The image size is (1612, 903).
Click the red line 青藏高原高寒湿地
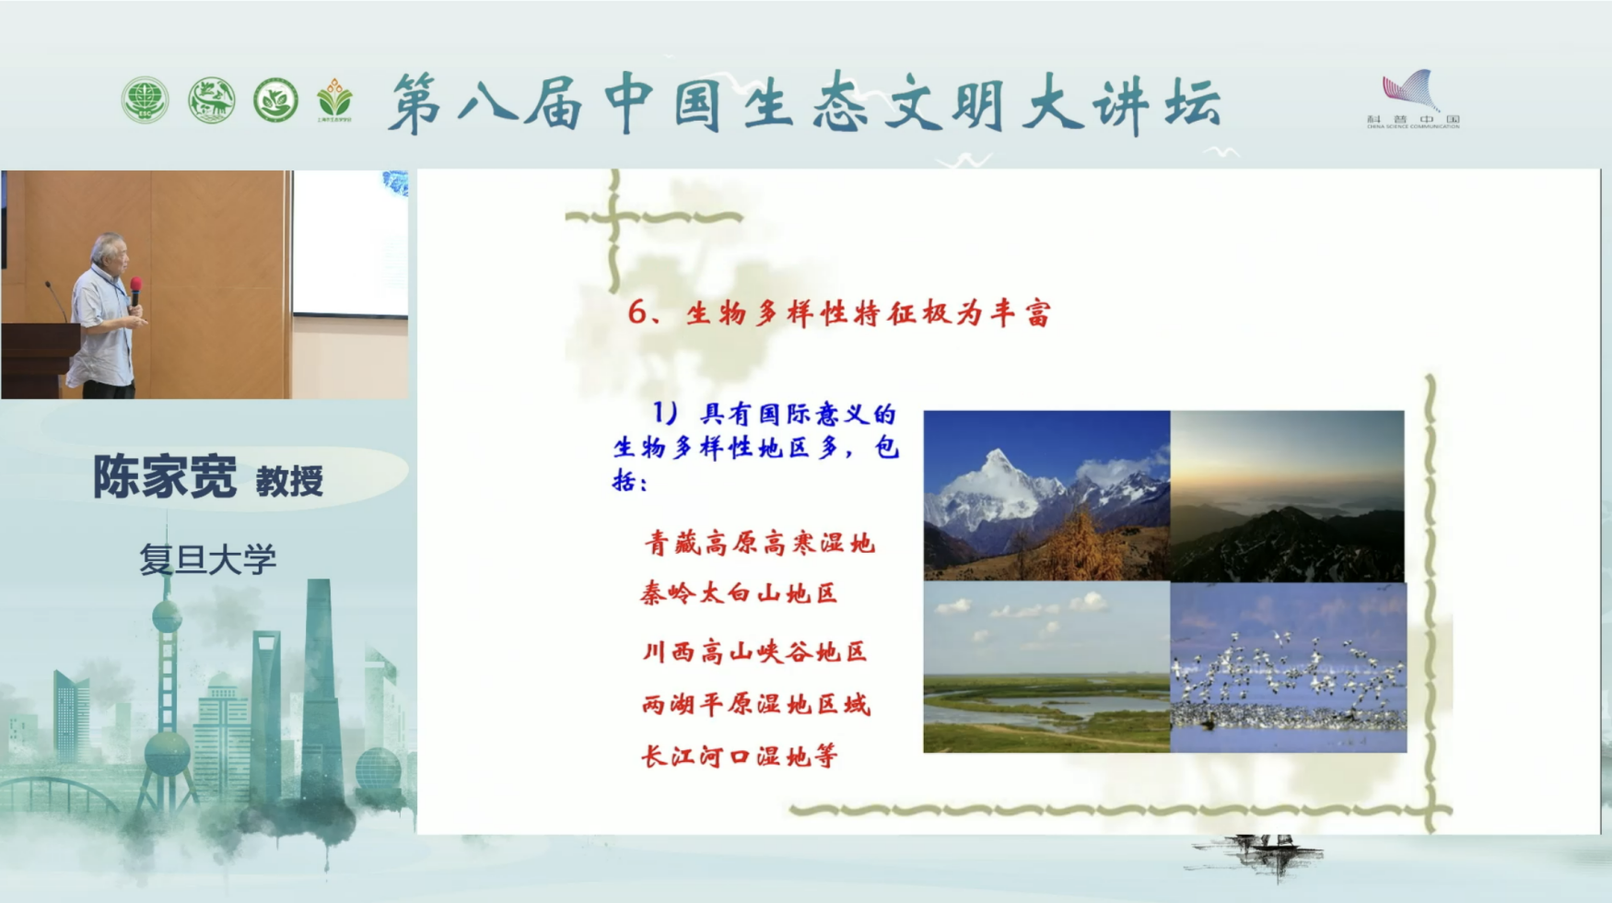(x=759, y=543)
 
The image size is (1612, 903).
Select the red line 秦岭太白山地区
(x=739, y=593)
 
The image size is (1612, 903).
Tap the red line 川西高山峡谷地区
(x=754, y=652)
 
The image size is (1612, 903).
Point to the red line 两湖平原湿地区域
(x=755, y=705)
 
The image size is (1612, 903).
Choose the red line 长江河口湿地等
(x=739, y=756)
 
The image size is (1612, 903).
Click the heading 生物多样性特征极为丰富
(x=868, y=313)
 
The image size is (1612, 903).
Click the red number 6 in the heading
(x=637, y=312)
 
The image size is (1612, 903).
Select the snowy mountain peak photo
(x=1046, y=495)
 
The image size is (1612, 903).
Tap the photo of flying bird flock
(x=1288, y=667)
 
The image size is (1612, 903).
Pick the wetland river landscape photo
(x=1046, y=667)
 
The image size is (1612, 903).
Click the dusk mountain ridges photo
(x=1288, y=495)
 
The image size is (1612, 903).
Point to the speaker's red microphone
(x=135, y=287)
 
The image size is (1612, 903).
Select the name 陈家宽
(x=165, y=477)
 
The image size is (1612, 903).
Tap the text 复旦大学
(x=207, y=559)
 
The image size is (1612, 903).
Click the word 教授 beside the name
(x=289, y=481)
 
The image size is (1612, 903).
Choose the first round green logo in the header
(x=145, y=100)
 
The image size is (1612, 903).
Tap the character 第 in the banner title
(x=415, y=103)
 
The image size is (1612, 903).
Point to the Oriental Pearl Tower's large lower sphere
(x=168, y=755)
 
